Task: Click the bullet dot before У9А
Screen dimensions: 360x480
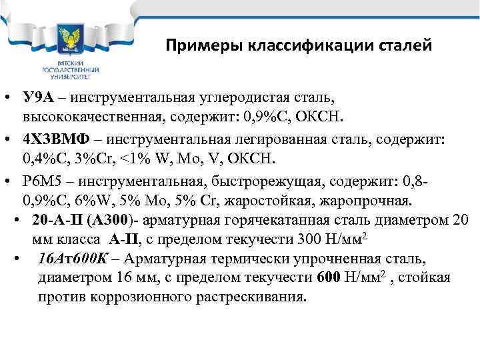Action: coord(9,99)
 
